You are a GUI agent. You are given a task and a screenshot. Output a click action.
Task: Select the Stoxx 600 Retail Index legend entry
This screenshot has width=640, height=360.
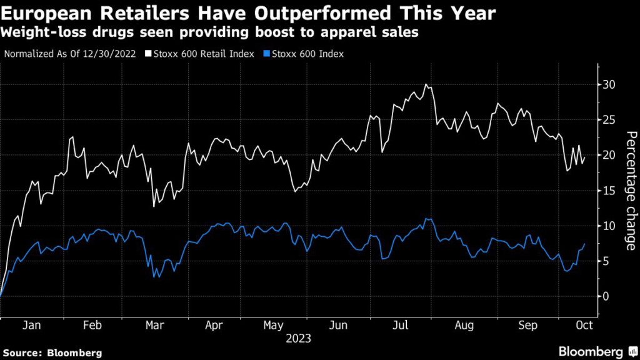pos(200,54)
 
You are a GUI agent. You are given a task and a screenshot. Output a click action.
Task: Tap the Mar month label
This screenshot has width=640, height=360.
pos(154,326)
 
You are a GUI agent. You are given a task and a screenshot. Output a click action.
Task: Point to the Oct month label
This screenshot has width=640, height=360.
pos(583,326)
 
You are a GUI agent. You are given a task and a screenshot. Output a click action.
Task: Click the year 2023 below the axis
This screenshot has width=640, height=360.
pos(298,339)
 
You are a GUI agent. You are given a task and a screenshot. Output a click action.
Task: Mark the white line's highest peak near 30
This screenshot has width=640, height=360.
pos(426,84)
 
